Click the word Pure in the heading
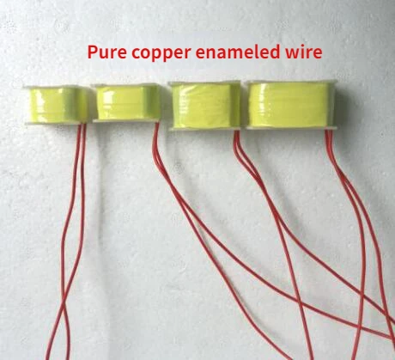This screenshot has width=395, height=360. coord(106,52)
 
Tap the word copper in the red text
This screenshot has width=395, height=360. coord(161,54)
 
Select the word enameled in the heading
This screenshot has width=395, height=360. coord(238,52)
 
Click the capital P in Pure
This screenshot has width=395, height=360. coord(92,52)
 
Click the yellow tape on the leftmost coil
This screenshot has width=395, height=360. coord(58,105)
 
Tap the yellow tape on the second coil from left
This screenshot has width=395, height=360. coord(128,102)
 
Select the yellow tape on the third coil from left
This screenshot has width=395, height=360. coord(206,106)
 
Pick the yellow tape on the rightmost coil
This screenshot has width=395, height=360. coord(290,105)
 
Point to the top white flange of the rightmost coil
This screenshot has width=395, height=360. coord(290,82)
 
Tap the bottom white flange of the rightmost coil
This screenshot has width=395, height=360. coord(289,128)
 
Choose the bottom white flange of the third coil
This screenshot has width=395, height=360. coord(205,129)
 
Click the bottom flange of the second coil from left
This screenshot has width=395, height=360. coord(126,121)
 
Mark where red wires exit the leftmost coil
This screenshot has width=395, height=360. coord(82,125)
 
